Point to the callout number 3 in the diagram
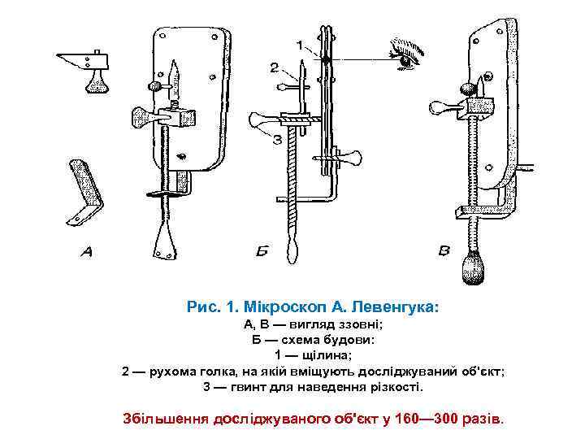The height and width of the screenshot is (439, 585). click(276, 139)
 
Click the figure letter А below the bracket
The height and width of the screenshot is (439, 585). click(86, 253)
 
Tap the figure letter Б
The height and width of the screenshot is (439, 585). click(261, 253)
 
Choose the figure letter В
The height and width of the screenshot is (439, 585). click(444, 252)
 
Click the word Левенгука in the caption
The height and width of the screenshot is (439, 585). click(391, 308)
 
